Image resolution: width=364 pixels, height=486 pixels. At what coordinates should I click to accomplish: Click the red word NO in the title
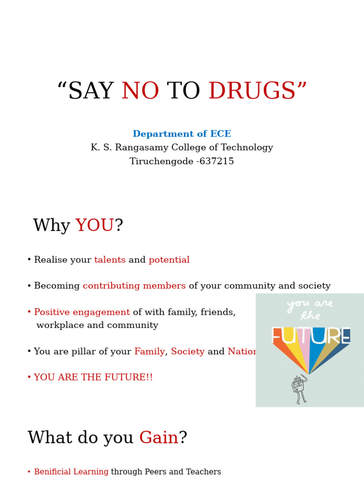(x=140, y=92)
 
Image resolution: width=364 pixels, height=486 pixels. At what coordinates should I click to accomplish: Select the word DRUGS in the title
(x=252, y=92)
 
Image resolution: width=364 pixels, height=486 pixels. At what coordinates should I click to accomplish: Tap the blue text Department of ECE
(x=182, y=134)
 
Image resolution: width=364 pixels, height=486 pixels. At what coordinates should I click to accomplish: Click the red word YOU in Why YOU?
(x=95, y=226)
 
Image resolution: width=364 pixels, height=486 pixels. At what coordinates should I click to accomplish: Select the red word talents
(x=109, y=260)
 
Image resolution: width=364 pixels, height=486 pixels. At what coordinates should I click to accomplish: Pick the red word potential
(x=169, y=260)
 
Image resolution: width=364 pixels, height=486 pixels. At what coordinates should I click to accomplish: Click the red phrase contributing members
(x=134, y=286)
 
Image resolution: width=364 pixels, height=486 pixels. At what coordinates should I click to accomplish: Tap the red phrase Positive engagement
(x=82, y=312)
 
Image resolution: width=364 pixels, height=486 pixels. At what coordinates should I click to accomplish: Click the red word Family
(x=149, y=352)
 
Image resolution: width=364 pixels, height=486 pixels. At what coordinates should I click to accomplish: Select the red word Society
(x=188, y=352)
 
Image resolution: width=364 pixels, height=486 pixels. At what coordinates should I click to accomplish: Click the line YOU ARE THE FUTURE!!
(x=93, y=378)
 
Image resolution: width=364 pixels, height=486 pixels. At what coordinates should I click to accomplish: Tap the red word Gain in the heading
(x=158, y=438)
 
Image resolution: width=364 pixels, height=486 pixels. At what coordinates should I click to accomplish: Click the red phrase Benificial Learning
(x=71, y=472)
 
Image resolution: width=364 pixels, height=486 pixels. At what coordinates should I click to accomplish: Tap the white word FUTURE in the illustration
(x=310, y=336)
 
